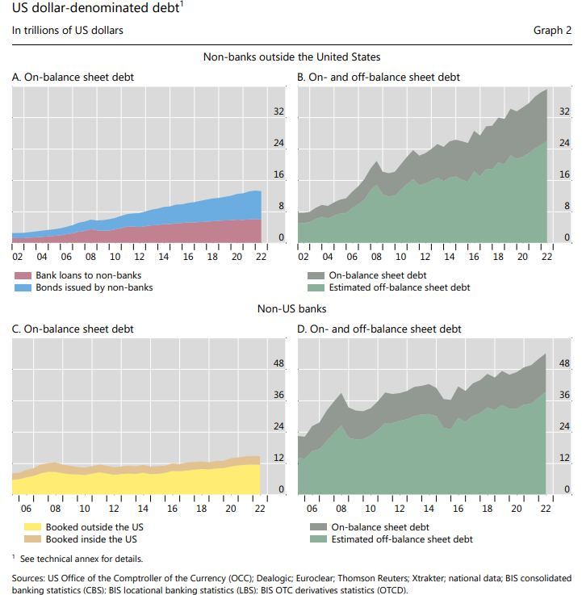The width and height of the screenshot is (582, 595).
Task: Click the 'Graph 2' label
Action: (551, 31)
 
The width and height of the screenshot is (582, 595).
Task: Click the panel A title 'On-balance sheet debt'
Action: (73, 78)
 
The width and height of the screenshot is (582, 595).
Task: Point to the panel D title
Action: (379, 329)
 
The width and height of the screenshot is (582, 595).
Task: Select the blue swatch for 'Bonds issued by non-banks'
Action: (23, 287)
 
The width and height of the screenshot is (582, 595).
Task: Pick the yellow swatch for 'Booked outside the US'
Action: (23, 527)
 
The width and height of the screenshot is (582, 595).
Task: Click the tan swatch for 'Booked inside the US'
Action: (23, 538)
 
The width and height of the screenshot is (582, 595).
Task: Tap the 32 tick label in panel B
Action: (279, 112)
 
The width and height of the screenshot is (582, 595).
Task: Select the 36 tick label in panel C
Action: (279, 396)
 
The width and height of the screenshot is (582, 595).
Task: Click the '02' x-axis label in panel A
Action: (18, 257)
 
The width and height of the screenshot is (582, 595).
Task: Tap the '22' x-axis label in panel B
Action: (546, 257)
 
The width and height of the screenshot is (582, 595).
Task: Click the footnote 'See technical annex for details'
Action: (77, 558)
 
